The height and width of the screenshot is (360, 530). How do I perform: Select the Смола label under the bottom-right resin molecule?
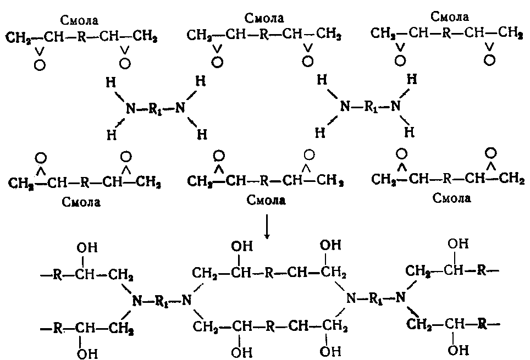click(x=452, y=197)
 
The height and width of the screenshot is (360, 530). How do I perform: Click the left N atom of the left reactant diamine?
click(x=130, y=109)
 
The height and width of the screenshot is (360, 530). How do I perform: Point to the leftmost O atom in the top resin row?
click(x=38, y=65)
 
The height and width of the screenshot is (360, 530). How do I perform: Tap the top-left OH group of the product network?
click(x=87, y=248)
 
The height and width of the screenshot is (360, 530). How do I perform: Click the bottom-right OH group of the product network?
click(x=456, y=349)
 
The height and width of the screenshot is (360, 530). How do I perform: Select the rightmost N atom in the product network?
click(x=401, y=298)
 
